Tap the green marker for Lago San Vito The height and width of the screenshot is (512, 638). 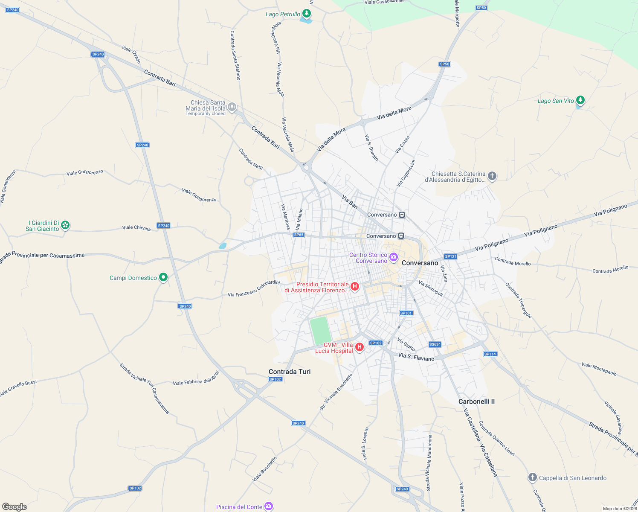pos(580,100)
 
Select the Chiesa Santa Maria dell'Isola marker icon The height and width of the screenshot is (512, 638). pos(232,107)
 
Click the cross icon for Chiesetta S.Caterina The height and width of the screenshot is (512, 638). pos(492,176)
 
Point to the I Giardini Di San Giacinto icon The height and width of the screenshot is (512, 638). pos(65,225)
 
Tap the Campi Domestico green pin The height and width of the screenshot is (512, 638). pos(163,277)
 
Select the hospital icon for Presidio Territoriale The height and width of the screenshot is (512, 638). pos(355,286)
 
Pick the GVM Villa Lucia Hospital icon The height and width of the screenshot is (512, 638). pos(360,347)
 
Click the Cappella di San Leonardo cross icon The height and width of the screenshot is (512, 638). pos(532,477)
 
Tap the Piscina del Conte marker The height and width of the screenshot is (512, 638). pos(268,506)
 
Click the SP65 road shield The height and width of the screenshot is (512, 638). pos(299,235)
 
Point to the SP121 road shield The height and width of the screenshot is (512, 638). pos(451,256)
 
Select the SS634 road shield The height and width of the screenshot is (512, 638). pos(435,344)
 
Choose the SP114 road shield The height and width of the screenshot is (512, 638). pos(490,354)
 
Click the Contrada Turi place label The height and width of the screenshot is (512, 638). pos(290,372)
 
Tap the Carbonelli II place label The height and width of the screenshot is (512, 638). pos(476,401)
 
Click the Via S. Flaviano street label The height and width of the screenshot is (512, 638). pos(416,357)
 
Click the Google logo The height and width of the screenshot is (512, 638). pos(14,507)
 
